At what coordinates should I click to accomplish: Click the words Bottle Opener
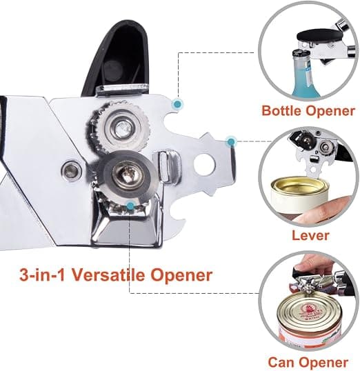pos(308,111)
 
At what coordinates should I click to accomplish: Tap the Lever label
pos(310,235)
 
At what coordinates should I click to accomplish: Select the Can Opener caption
pos(308,362)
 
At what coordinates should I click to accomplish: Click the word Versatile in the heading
pos(108,274)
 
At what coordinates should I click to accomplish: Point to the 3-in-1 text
pos(42,274)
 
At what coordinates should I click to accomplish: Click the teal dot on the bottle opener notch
pos(177,104)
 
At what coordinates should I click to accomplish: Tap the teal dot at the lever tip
pos(231,141)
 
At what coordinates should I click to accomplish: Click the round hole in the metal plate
pos(205,164)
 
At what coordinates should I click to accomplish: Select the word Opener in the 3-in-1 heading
pos(181,275)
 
